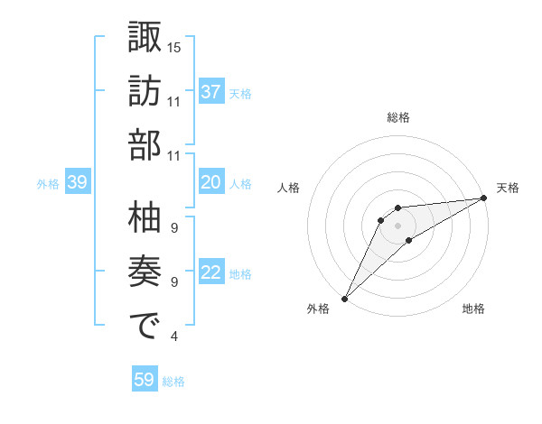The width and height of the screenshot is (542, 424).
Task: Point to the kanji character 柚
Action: tap(145, 217)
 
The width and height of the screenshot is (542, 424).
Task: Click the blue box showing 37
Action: tap(210, 92)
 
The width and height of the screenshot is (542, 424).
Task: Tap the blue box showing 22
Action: tap(210, 273)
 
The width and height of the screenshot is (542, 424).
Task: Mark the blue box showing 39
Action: tap(77, 183)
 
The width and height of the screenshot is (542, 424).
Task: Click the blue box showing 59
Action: tap(144, 380)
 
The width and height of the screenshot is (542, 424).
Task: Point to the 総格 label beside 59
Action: tap(174, 382)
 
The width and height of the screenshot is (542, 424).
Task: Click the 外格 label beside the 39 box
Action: tap(48, 184)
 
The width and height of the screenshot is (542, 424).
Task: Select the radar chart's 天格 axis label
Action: tap(508, 188)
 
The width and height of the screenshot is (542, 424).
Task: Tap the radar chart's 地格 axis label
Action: tap(473, 309)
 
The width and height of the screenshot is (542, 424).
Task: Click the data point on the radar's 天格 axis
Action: tap(483, 198)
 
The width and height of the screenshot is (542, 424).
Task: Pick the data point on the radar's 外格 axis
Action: tap(344, 298)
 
